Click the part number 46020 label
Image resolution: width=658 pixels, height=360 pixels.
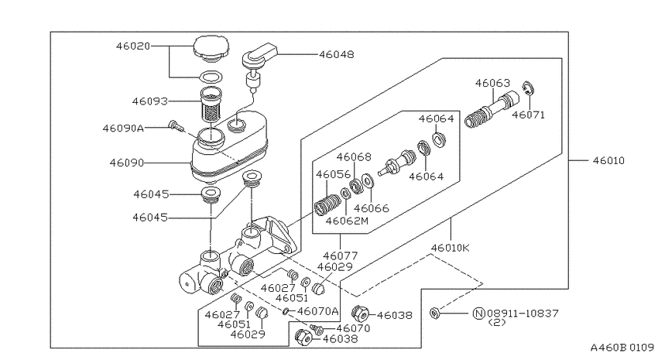133,46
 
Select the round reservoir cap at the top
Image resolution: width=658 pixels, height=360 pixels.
211,46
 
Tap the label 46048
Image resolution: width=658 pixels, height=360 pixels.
337,54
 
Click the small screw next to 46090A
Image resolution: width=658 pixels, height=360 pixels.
176,125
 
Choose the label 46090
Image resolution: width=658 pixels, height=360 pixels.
127,163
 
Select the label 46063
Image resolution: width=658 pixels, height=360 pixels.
492,83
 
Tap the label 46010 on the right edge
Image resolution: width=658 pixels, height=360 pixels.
608,160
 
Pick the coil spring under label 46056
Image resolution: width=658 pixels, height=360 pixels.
327,204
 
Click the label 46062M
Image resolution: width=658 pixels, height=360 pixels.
347,221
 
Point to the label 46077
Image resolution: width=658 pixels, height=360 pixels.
341,255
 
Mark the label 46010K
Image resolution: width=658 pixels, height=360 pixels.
451,248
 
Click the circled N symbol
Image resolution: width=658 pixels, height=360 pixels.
479,313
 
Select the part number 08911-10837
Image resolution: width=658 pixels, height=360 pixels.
523,313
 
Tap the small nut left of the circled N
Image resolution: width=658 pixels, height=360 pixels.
435,313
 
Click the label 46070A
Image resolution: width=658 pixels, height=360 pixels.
317,311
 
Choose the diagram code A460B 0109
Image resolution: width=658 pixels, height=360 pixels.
622,348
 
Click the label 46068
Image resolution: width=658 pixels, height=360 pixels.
354,157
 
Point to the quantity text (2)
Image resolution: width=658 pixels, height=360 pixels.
497,323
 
